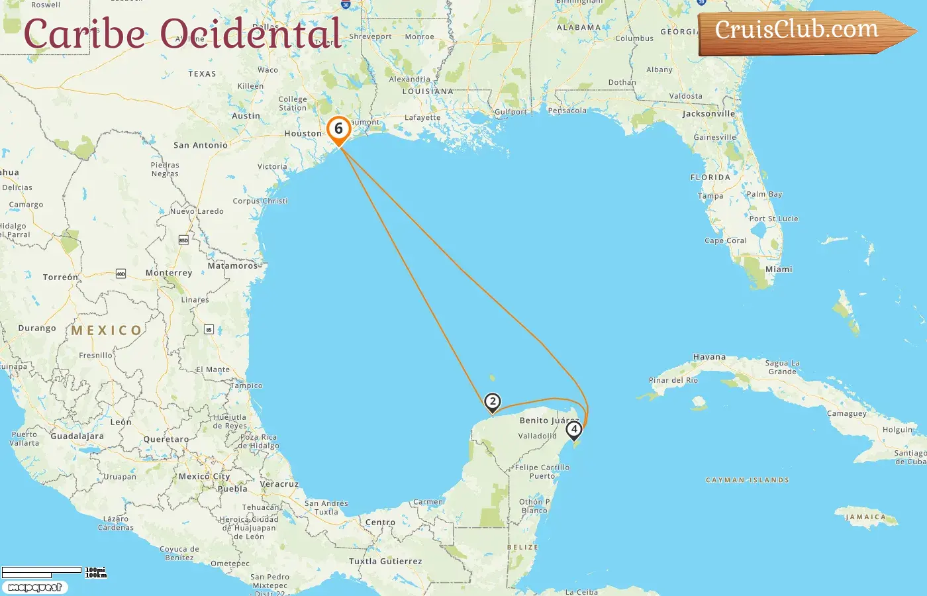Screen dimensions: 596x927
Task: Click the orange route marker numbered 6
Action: tap(338, 129)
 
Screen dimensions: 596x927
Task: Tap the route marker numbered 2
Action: tap(492, 401)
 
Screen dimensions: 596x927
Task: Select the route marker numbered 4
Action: tap(574, 429)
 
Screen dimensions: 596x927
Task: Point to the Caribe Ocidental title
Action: tap(183, 33)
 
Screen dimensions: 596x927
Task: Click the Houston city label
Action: tap(303, 134)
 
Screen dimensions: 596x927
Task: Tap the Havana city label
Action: tap(709, 357)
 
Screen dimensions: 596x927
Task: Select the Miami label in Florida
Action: tap(779, 270)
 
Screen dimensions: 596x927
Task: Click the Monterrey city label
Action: tap(169, 273)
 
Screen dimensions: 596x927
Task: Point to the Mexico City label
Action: tap(204, 476)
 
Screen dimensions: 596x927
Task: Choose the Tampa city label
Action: tap(710, 196)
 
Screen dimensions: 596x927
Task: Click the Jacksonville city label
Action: tap(708, 114)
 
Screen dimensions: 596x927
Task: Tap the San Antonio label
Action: tap(200, 145)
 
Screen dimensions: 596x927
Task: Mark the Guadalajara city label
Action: tap(77, 436)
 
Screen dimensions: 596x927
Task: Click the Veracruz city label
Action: tap(279, 484)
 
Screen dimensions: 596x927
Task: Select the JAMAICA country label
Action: tap(865, 517)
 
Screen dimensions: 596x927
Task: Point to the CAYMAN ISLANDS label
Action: tap(748, 480)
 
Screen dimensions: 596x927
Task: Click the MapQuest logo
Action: tap(34, 587)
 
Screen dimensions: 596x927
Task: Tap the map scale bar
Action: tap(42, 571)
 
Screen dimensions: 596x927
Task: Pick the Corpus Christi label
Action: tap(260, 201)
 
